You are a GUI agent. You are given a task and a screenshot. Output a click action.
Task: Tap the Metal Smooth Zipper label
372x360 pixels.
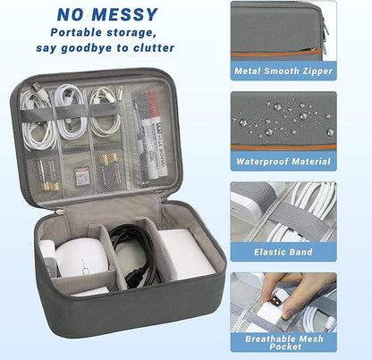[x=283, y=70]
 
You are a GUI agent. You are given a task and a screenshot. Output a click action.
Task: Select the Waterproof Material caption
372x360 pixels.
[x=283, y=162]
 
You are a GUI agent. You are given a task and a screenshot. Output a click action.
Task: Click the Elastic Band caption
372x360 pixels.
[x=283, y=253]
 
